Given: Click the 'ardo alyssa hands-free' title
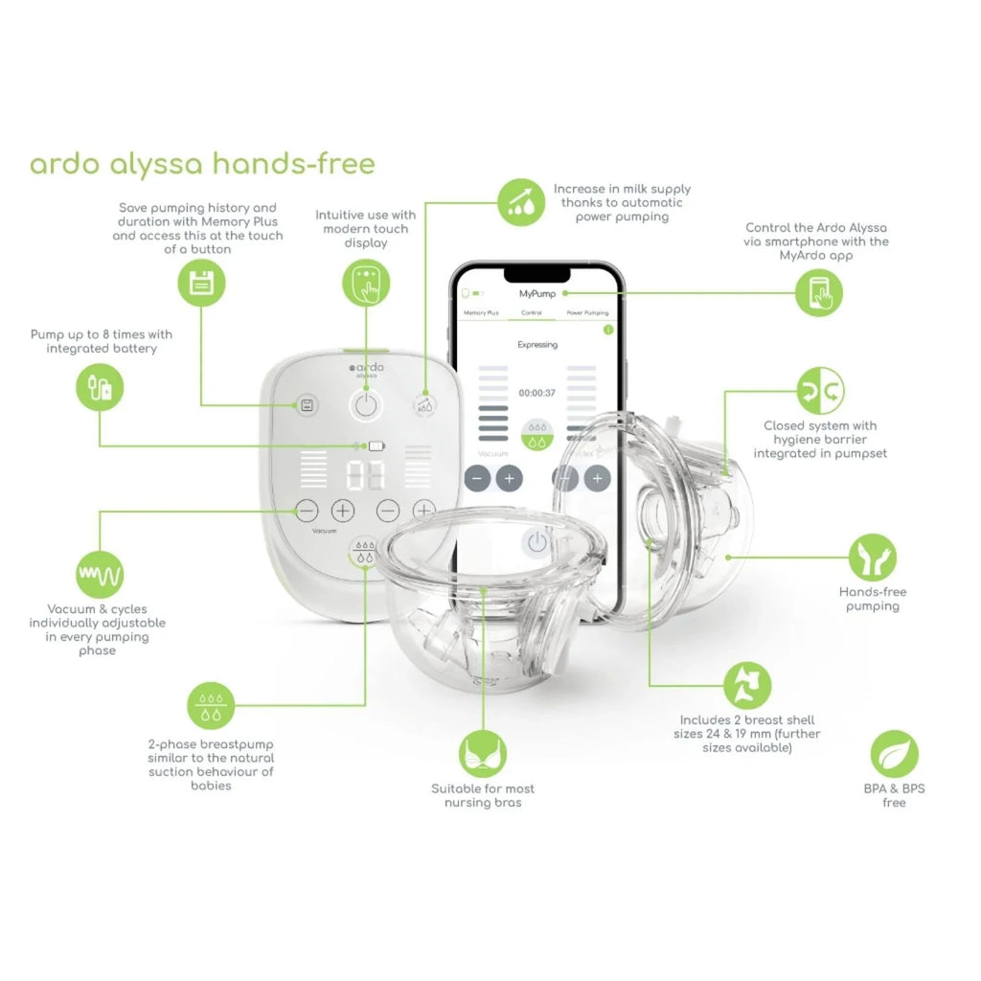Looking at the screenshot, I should point(202,164).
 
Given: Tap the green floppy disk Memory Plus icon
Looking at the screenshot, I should point(201,284).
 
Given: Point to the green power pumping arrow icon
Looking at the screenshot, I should point(520,201).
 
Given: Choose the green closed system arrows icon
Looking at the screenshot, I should point(821,389).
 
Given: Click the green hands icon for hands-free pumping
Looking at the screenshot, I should point(873,556).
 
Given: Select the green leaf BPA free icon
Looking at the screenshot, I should point(894,753).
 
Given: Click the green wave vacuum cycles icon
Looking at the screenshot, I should point(100,574).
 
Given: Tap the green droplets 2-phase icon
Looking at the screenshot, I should point(210,706).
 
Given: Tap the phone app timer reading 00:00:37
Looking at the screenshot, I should point(537,393).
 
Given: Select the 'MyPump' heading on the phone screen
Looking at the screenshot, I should point(537,293).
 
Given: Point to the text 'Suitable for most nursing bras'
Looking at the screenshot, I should point(483,795).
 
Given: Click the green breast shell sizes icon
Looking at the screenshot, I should point(746,685).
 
